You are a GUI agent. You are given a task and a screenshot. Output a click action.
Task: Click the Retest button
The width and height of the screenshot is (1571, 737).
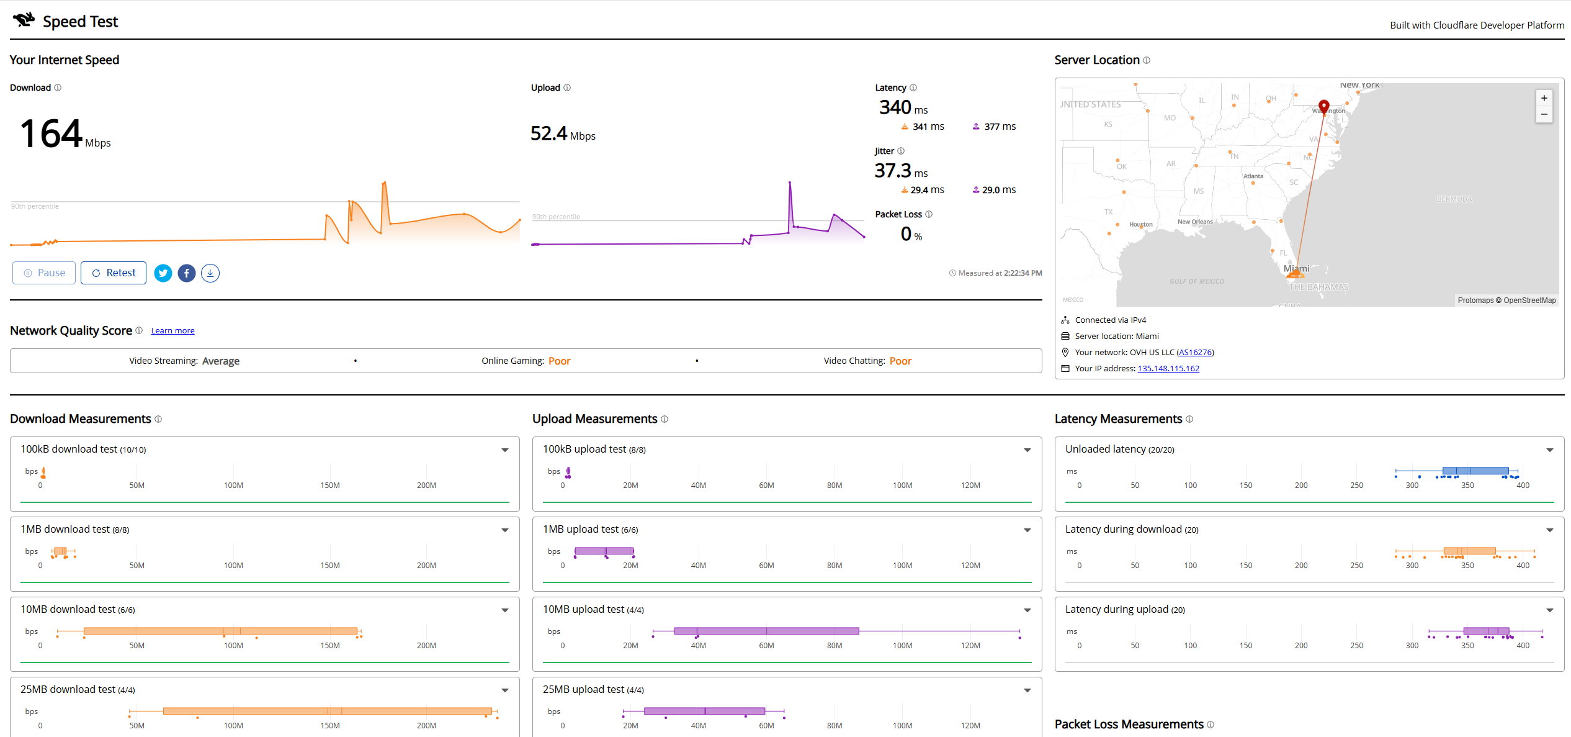[x=114, y=273]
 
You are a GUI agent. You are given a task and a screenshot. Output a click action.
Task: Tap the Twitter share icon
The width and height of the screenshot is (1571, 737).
[x=163, y=273]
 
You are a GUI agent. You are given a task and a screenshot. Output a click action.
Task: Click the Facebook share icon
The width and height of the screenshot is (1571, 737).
[x=187, y=273]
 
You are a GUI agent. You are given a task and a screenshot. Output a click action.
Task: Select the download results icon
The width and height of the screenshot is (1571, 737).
[x=210, y=273]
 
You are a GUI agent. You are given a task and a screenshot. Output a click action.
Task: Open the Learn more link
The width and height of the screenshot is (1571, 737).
[x=172, y=331]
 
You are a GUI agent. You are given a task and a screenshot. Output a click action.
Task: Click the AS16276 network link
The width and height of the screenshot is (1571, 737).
[x=1194, y=353]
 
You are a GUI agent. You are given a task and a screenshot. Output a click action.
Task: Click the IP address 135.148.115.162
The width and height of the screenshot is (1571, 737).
[x=1168, y=369]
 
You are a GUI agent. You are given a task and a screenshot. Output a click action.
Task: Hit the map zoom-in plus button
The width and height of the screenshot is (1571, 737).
[x=1544, y=98]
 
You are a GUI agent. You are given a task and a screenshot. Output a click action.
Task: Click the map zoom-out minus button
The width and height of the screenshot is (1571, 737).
[x=1544, y=114]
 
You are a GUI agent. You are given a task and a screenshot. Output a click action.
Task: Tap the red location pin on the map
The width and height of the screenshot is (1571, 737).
[x=1323, y=106]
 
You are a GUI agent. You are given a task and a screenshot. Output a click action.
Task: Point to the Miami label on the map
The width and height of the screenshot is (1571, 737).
[x=1296, y=269]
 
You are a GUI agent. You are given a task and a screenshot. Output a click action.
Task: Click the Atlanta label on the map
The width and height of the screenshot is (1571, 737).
[x=1253, y=176]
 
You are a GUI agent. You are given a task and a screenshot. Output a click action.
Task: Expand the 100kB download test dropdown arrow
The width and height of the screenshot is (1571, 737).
[x=505, y=450]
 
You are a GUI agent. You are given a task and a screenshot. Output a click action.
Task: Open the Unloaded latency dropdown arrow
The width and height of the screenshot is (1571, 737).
[x=1549, y=450]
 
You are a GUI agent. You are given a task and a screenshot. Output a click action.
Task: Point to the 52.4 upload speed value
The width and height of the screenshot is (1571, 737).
[x=549, y=133]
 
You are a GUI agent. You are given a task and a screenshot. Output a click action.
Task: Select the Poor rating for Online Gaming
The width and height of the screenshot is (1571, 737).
[x=559, y=361]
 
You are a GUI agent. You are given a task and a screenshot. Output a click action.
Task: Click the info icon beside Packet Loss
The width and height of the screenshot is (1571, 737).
[x=928, y=215]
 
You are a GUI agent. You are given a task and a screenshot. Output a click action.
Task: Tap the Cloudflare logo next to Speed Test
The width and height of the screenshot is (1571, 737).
[x=24, y=20]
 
